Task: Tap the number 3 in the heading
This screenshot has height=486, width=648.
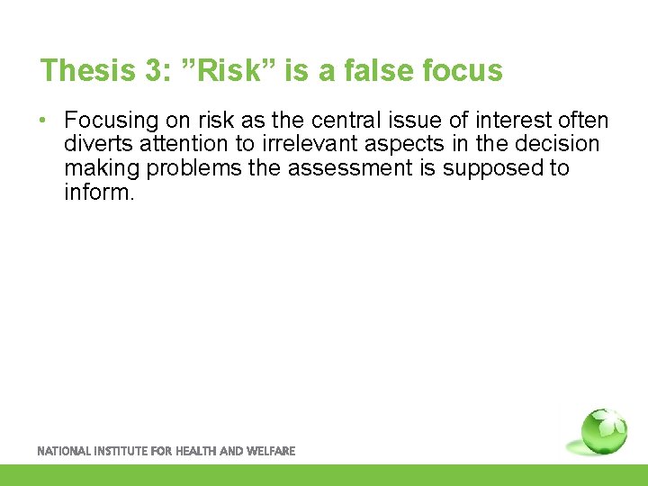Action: pos(146,70)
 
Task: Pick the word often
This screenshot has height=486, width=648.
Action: pos(583,121)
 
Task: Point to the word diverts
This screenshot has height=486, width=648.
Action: pos(93,144)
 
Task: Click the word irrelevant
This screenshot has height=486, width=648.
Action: pos(302,144)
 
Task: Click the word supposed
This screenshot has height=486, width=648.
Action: pos(493,168)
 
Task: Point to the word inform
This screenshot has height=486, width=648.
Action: pos(99,192)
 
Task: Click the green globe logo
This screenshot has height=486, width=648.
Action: pos(604,431)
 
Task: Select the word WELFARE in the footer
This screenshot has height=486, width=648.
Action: pos(270,451)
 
